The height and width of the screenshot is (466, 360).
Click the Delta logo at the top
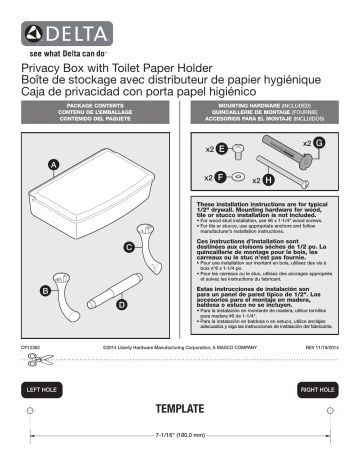click(x=50, y=26)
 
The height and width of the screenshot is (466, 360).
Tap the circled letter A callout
click(x=54, y=163)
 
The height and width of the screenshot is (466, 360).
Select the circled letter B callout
click(x=44, y=290)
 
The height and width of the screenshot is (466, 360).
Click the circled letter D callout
click(x=121, y=303)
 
